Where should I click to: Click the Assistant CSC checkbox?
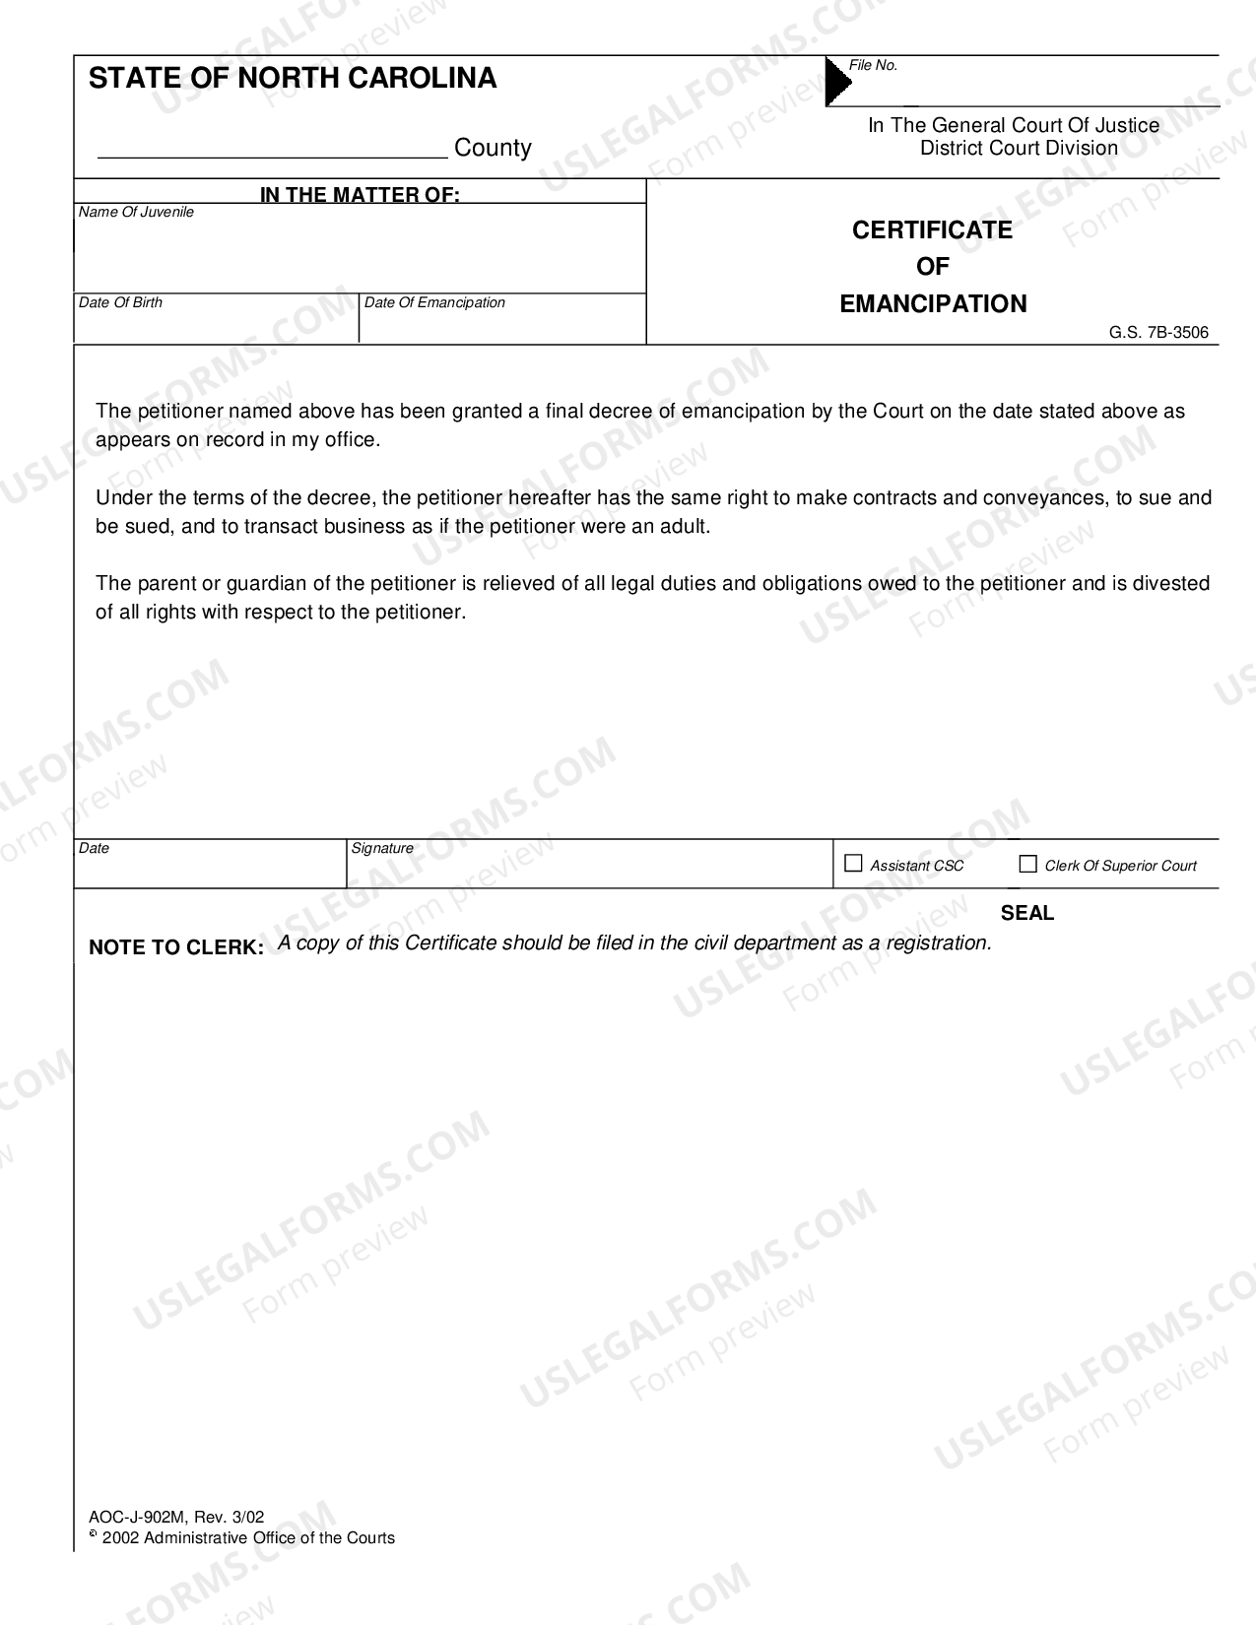853,864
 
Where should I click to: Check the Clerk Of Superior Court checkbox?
1027,864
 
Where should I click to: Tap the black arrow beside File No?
836,82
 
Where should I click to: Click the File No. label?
873,65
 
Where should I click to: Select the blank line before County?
272,150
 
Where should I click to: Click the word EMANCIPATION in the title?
933,304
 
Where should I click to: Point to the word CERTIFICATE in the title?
932,230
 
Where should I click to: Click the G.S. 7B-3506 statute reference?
1158,333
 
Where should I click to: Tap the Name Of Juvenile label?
136,213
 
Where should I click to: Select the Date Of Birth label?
120,303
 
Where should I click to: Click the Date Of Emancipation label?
434,303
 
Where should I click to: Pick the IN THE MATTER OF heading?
360,195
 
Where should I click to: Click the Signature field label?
382,848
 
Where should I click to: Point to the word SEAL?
1026,913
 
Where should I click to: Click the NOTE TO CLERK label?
176,947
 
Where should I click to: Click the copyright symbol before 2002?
94,1534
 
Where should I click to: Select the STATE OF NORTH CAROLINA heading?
293,79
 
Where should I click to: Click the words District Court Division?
1019,149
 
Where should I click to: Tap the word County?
493,148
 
